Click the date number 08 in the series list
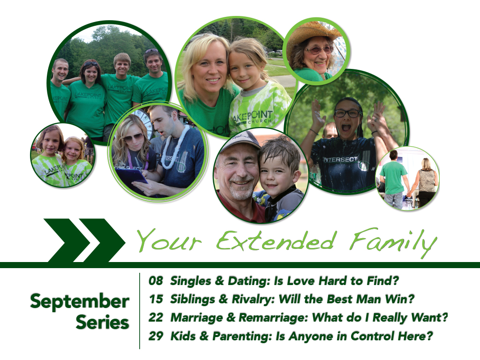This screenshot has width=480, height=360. [156, 280]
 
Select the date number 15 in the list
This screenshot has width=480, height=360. [156, 299]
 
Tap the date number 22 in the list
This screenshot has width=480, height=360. [156, 317]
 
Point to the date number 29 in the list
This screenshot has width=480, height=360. [156, 336]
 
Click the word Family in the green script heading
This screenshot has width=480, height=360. [393, 242]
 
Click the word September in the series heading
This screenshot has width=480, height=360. [80, 302]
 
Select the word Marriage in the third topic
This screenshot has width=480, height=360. [196, 318]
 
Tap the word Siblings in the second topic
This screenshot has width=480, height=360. [193, 300]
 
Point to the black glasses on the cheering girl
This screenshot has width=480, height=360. [348, 113]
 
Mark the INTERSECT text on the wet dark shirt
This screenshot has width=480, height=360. [340, 159]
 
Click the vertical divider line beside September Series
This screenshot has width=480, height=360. [140, 311]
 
